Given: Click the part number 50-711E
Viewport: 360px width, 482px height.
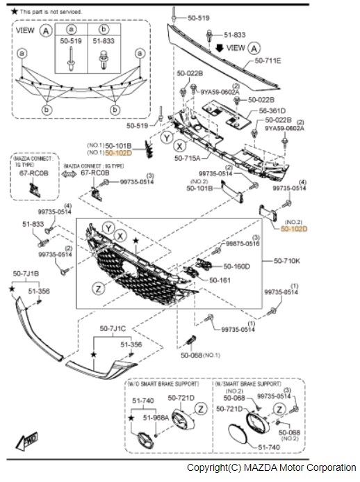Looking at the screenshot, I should click(x=268, y=61).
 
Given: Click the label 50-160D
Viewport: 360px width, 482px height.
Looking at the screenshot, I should click(x=236, y=266).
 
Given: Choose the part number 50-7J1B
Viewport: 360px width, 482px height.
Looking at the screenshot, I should click(x=26, y=274).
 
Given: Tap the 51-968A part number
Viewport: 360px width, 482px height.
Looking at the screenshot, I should click(x=156, y=418).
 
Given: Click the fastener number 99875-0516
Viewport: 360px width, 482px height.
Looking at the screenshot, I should click(x=242, y=244).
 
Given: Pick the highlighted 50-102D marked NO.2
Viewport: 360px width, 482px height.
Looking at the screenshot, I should click(x=294, y=227).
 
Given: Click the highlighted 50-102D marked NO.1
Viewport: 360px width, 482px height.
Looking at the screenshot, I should click(x=118, y=152).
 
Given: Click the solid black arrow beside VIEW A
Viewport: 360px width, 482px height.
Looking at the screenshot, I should click(x=220, y=48).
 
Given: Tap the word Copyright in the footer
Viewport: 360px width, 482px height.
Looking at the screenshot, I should click(x=207, y=467).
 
